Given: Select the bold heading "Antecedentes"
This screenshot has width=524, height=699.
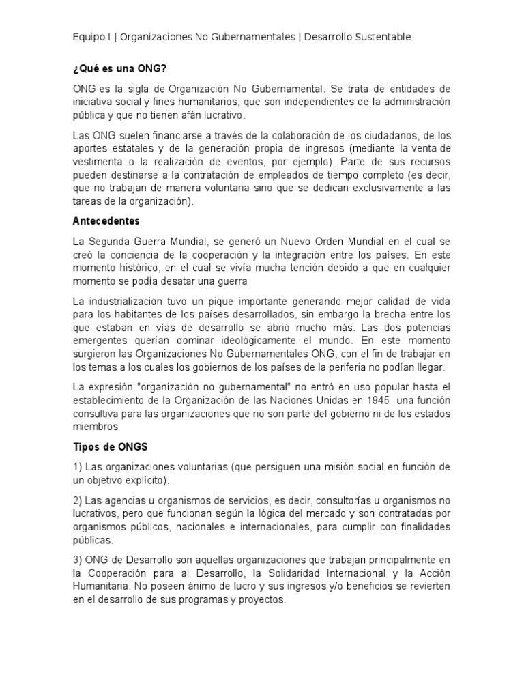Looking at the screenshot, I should (106, 221).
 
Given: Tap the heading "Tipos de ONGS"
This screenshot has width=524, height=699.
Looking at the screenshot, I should (110, 446).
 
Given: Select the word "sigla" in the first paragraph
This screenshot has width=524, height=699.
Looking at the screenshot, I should (126, 89).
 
